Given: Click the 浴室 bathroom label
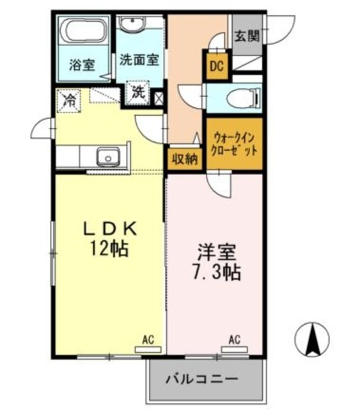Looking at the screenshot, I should [x=82, y=65].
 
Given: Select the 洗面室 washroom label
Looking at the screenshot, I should [x=139, y=59].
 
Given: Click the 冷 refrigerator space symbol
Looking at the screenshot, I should [x=67, y=100].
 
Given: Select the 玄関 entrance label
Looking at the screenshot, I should [x=246, y=36].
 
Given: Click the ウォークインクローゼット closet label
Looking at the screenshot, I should [x=235, y=144].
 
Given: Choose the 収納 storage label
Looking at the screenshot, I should [x=185, y=159].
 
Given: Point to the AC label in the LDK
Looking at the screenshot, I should [x=148, y=339].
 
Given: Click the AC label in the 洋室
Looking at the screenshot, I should [x=234, y=339].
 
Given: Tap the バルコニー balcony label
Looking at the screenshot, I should [x=202, y=379].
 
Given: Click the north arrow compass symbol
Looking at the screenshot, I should [x=313, y=337].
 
